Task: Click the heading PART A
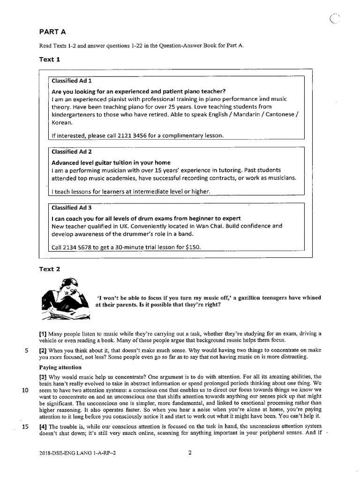point(52,32)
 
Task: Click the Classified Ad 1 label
point(72,81)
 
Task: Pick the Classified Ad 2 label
point(72,152)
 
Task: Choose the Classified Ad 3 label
point(72,208)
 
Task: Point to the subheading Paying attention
point(60,367)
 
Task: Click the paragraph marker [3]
point(43,377)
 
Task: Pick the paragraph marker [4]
point(43,426)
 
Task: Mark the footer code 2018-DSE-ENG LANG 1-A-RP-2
point(77,453)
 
